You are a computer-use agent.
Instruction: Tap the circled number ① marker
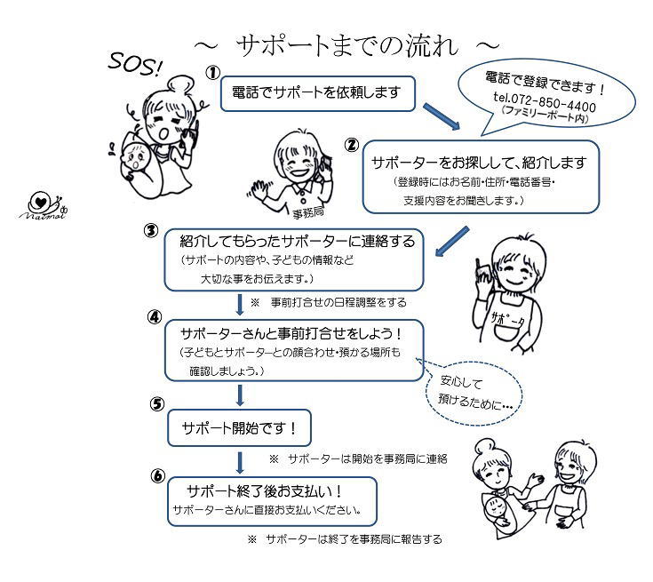213,73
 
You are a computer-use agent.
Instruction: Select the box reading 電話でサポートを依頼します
318,93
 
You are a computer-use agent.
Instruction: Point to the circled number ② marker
352,145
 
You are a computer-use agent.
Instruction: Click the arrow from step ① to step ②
442,116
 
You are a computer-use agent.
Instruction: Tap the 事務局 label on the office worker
308,213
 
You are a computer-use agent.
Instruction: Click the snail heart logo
44,206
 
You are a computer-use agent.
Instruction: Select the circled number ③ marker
151,230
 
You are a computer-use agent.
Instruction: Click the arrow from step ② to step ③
452,241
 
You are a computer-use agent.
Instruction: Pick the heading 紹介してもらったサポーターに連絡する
298,241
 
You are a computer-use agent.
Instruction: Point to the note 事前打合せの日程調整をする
338,302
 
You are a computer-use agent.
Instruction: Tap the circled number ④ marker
155,317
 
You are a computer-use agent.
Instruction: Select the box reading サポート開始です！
240,428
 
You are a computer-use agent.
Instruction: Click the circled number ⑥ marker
158,475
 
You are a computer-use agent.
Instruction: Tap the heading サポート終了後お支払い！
265,491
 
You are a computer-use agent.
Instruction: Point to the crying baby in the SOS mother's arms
136,156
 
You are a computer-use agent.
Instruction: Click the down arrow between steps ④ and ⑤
240,395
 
